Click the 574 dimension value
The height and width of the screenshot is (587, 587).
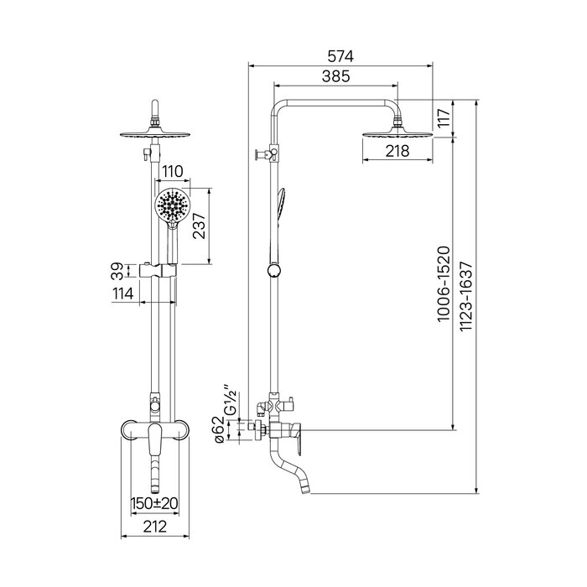(x=340, y=57)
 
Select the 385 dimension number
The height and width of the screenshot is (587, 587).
(x=335, y=76)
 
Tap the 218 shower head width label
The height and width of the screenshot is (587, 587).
(x=397, y=151)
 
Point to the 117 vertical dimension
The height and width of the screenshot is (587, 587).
(x=444, y=118)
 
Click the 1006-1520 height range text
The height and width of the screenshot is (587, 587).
(x=444, y=283)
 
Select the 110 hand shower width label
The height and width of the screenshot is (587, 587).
(x=172, y=171)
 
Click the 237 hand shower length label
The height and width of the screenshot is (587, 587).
(x=199, y=226)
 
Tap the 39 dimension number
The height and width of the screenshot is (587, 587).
(x=117, y=271)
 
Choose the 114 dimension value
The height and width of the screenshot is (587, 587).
(x=122, y=293)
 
